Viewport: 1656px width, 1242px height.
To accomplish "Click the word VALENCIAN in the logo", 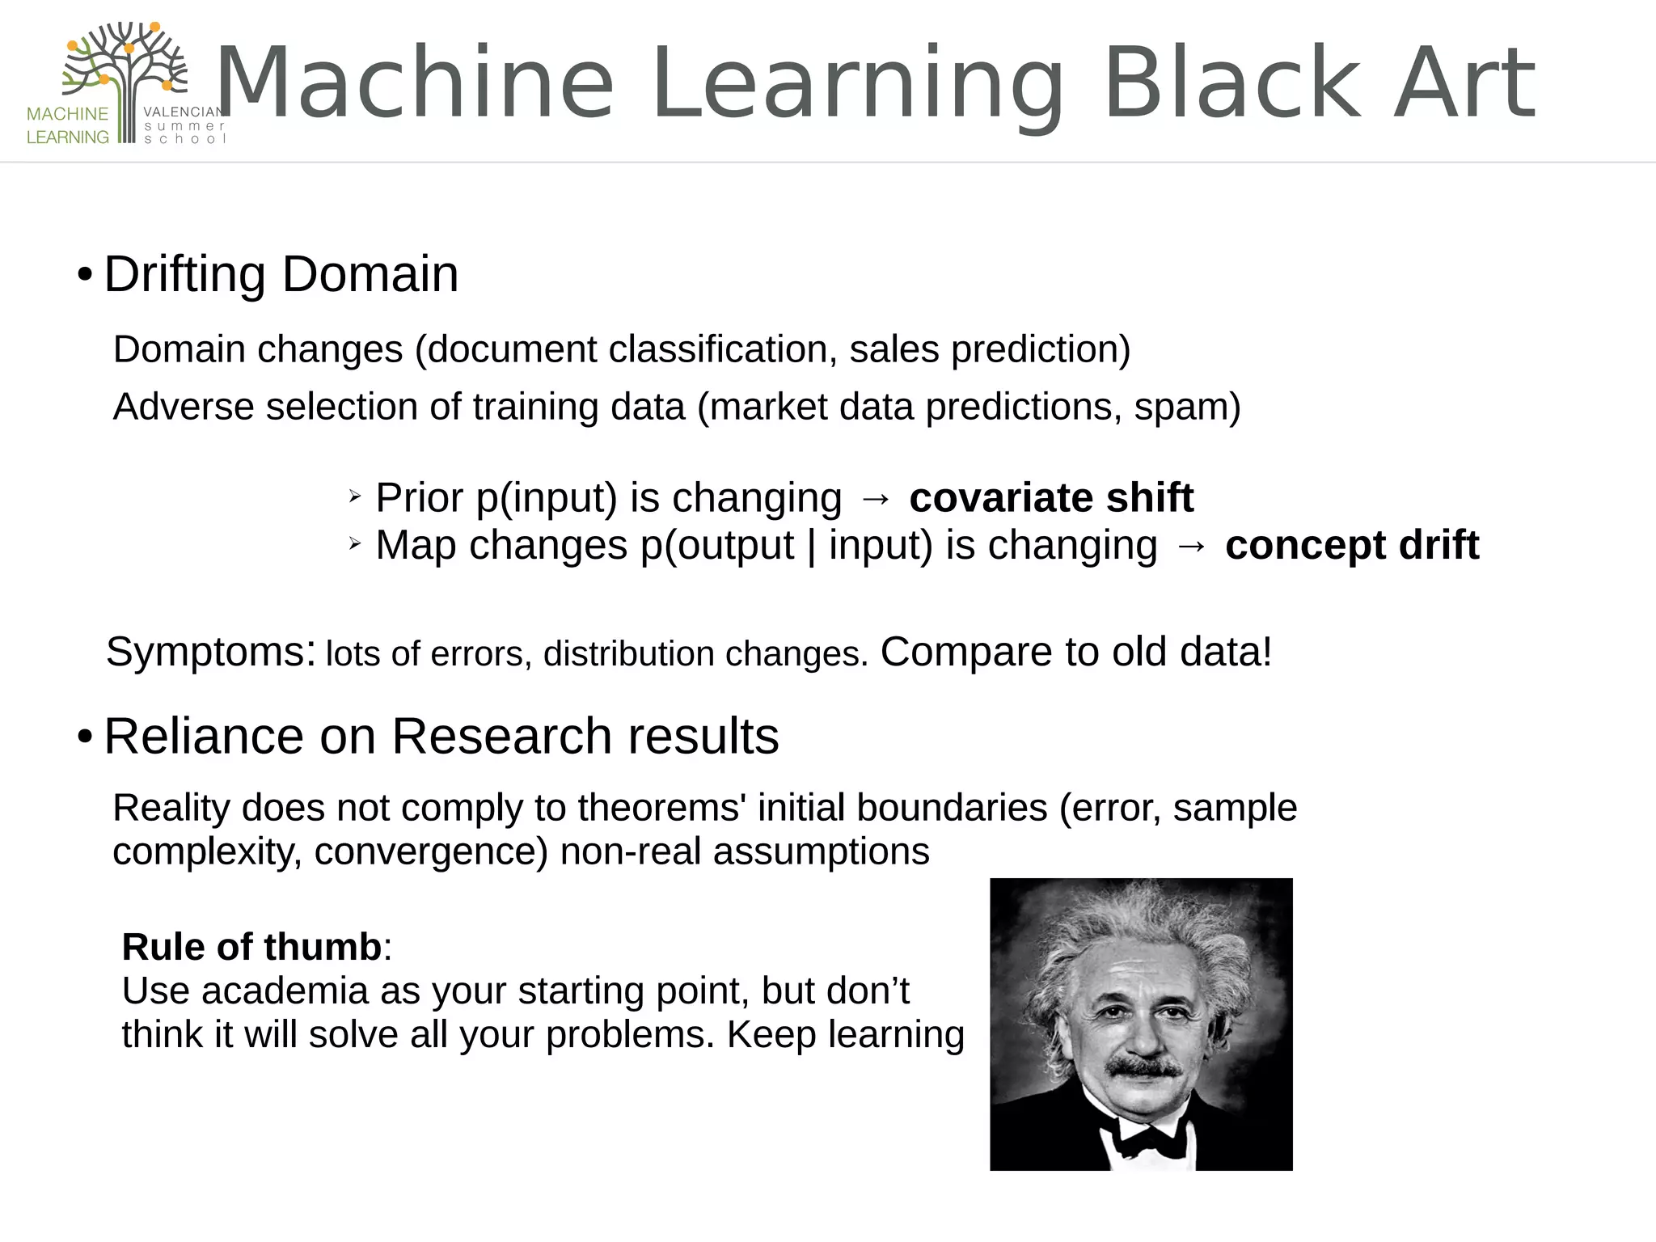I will tap(184, 112).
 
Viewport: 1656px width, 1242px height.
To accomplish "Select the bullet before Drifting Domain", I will tap(85, 276).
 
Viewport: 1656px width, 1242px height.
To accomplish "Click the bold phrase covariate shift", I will tap(1050, 497).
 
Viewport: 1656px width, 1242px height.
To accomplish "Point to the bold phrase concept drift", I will tap(1351, 545).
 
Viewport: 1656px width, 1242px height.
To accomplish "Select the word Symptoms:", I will tap(210, 652).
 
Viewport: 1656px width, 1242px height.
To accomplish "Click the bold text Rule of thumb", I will tap(251, 947).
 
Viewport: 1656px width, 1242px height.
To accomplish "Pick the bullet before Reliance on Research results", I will tap(85, 737).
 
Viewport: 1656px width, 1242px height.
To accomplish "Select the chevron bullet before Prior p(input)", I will tap(354, 497).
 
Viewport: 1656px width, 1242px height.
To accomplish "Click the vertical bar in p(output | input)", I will tap(811, 546).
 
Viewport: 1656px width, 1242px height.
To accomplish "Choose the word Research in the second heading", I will tap(501, 737).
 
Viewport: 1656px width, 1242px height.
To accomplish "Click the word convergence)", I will tap(431, 852).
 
